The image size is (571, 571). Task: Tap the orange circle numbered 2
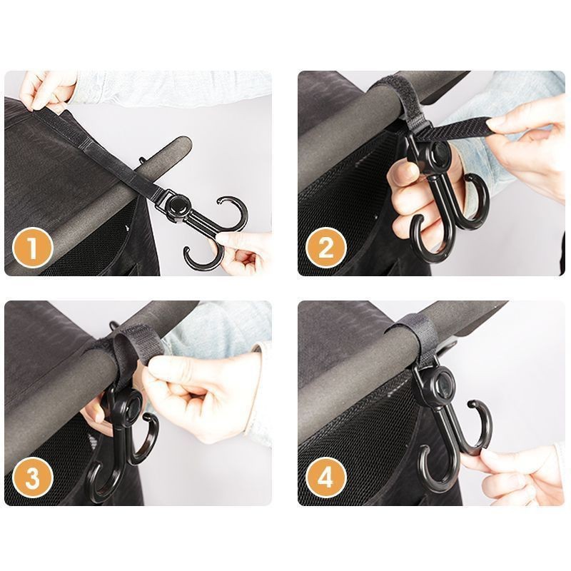[326, 249]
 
